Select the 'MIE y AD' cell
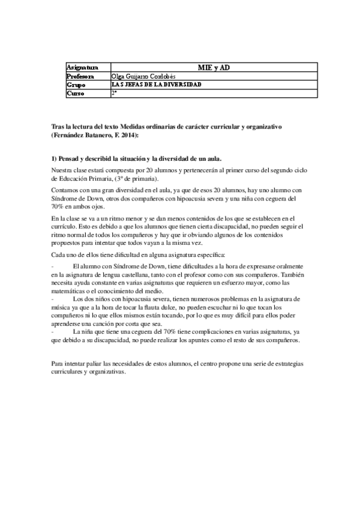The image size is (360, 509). coord(214,68)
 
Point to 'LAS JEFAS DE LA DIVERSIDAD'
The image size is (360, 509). coord(157,85)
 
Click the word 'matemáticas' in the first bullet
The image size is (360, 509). coord(69,291)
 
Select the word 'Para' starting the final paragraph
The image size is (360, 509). coord(59,364)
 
